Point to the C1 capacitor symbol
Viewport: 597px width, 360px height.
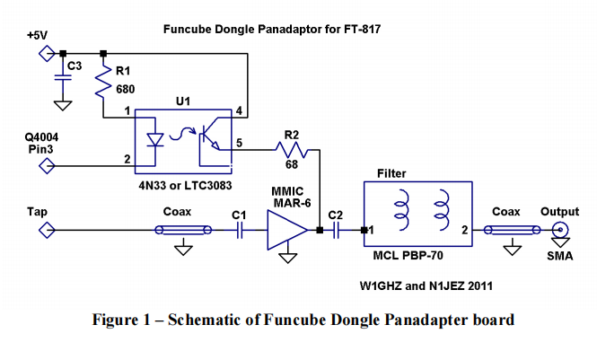point(240,231)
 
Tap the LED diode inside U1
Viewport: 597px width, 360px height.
point(154,139)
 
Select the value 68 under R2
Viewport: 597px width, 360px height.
point(290,167)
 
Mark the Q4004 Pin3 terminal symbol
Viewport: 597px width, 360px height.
point(46,166)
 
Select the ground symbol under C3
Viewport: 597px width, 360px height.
point(62,104)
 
